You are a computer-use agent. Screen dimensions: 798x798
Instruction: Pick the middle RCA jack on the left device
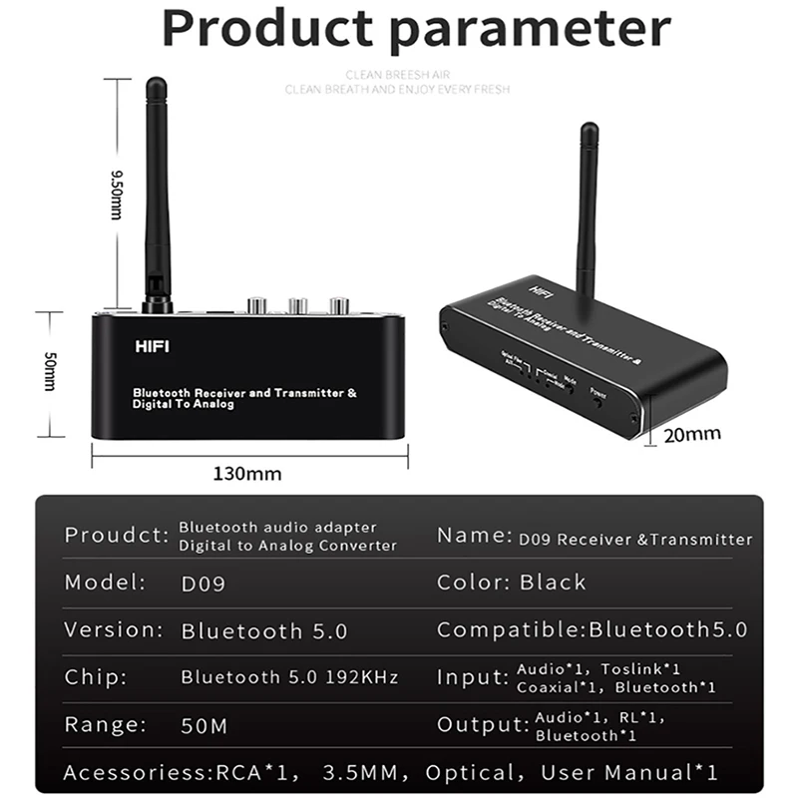pyautogui.click(x=297, y=303)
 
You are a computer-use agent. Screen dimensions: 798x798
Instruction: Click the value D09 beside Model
pyautogui.click(x=203, y=583)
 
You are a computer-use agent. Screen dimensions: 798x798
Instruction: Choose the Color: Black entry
pyautogui.click(x=511, y=582)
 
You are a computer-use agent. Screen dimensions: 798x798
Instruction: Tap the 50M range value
pyautogui.click(x=203, y=725)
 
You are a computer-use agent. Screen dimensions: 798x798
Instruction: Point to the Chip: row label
pyautogui.click(x=95, y=677)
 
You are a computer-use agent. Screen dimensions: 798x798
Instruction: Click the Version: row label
pyautogui.click(x=113, y=630)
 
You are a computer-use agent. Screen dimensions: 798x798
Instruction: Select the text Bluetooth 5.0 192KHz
pyautogui.click(x=289, y=677)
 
